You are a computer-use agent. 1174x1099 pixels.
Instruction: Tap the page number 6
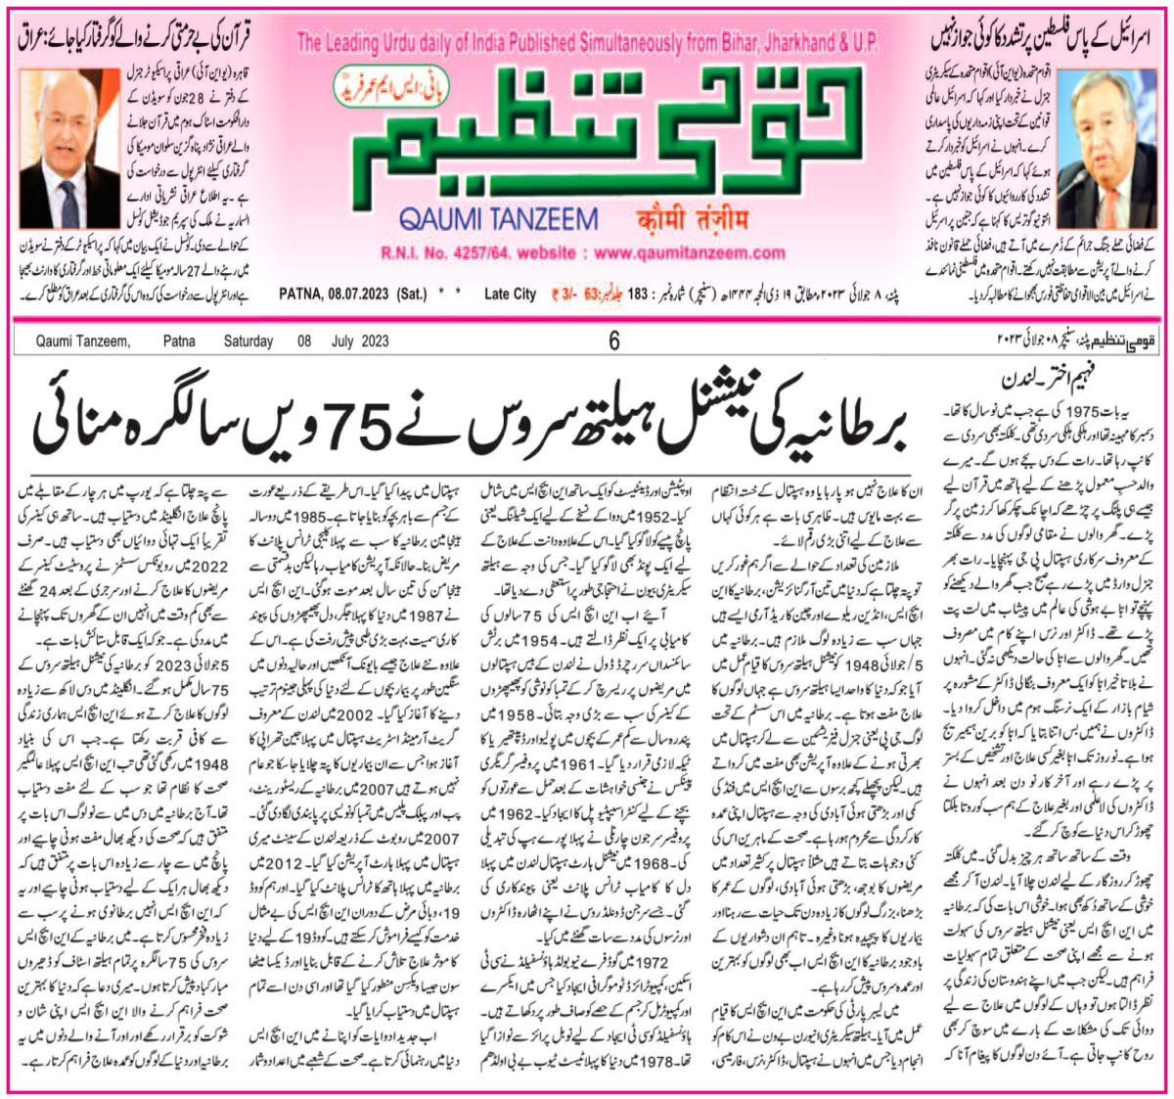[x=614, y=342]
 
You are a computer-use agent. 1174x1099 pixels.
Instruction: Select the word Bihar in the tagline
[x=694, y=45]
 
